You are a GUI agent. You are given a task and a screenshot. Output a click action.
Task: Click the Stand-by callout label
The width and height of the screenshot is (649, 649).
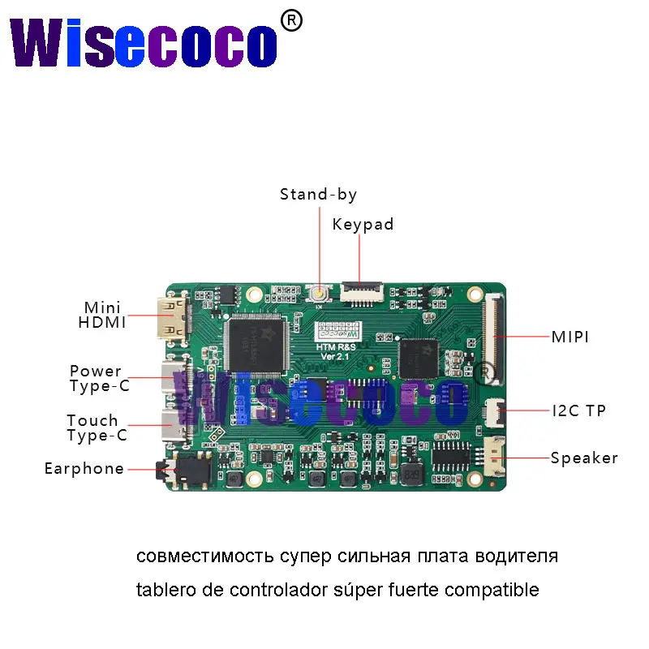[x=318, y=195]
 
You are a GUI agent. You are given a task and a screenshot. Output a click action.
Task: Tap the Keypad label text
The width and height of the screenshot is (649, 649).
[x=363, y=225]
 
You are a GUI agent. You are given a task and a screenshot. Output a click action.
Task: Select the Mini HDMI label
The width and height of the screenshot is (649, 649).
[x=102, y=315]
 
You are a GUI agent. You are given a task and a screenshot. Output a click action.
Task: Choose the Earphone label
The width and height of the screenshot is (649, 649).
[x=84, y=468]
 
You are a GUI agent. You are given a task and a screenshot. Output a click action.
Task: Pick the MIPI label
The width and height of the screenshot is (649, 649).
[x=569, y=336]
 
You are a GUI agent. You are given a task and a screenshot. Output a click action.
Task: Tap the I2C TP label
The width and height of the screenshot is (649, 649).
[x=578, y=410]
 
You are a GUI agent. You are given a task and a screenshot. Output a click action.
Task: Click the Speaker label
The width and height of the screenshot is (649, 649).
[x=584, y=458]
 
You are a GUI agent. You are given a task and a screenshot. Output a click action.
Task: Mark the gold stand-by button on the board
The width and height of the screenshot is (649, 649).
[x=320, y=294]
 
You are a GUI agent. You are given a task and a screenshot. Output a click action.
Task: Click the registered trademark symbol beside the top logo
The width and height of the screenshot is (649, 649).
[x=290, y=21]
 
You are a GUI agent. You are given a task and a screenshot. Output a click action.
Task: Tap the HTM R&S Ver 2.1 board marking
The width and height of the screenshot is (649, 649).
[x=333, y=347]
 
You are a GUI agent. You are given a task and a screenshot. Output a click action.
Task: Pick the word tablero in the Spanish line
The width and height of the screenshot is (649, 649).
[x=161, y=590]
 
